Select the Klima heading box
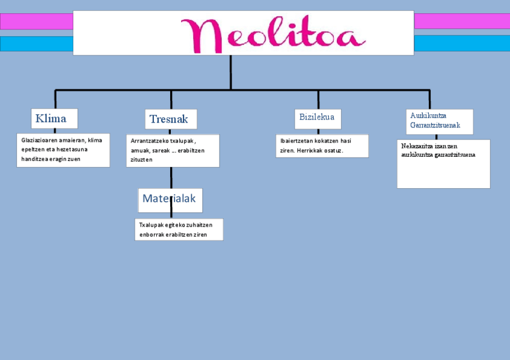[54, 118]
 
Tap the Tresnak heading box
[171, 119]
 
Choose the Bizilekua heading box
[318, 117]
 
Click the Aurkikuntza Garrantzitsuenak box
[440, 121]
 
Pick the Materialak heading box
[170, 199]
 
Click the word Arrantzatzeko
[149, 141]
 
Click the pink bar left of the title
[36, 22]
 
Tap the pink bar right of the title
[461, 21]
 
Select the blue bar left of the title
[36, 44]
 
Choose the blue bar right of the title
[461, 44]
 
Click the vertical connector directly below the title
[230, 72]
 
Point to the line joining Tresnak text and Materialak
[171, 177]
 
